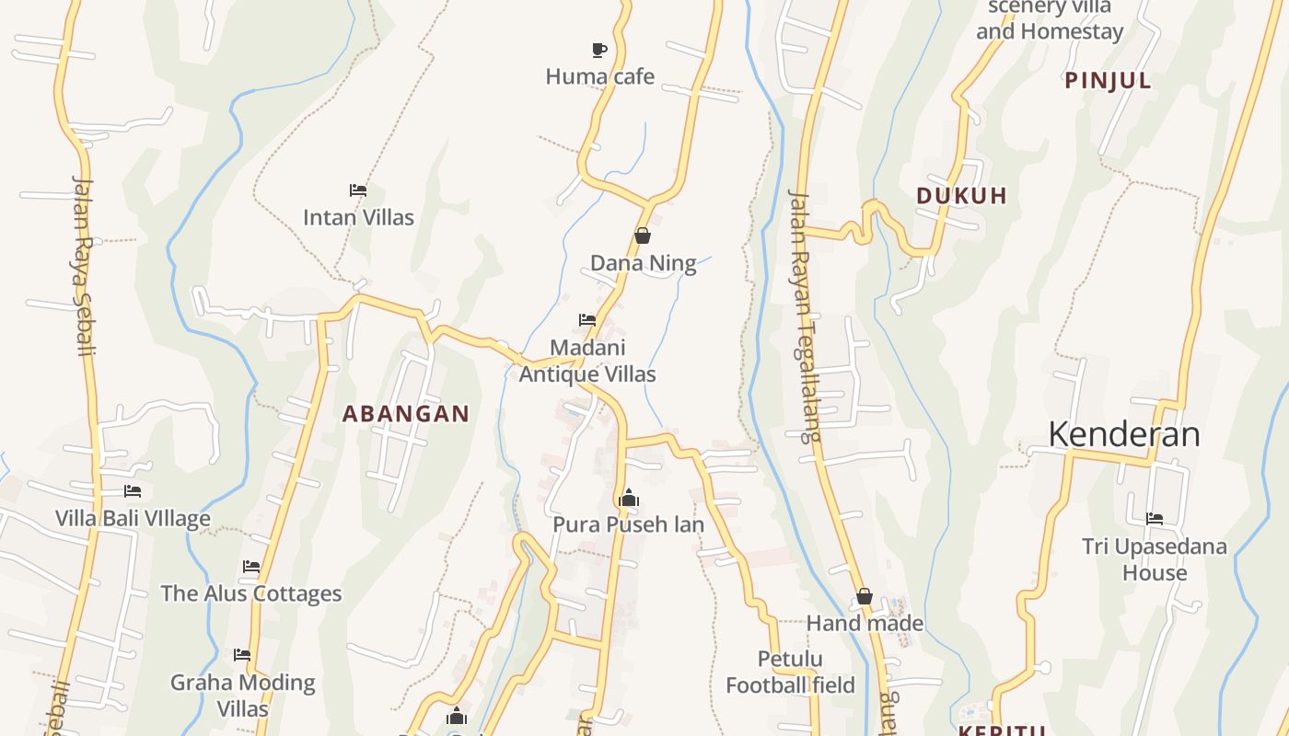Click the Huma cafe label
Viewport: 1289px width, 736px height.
[x=599, y=76]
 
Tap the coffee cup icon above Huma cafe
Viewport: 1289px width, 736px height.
[x=599, y=50]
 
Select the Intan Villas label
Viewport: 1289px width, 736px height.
[x=358, y=218]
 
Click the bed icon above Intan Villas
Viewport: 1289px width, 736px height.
[x=358, y=190]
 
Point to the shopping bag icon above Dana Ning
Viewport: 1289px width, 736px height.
[x=643, y=236]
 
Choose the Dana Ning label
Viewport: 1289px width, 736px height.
[x=643, y=264]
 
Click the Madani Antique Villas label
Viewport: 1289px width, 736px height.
[x=587, y=362]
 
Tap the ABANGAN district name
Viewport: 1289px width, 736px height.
[x=406, y=414]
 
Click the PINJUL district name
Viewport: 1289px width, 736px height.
[x=1108, y=81]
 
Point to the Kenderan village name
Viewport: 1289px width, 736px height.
[x=1123, y=434]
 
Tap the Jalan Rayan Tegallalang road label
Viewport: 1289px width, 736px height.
[x=803, y=316]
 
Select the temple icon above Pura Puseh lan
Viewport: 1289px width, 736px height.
[x=629, y=498]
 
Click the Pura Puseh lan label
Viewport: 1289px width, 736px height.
[x=628, y=524]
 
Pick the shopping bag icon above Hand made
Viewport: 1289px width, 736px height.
[x=865, y=597]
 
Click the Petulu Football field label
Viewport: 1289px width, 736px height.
[x=790, y=673]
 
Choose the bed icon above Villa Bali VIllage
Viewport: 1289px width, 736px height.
[x=133, y=491]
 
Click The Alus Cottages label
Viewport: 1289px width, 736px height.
[x=251, y=593]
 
